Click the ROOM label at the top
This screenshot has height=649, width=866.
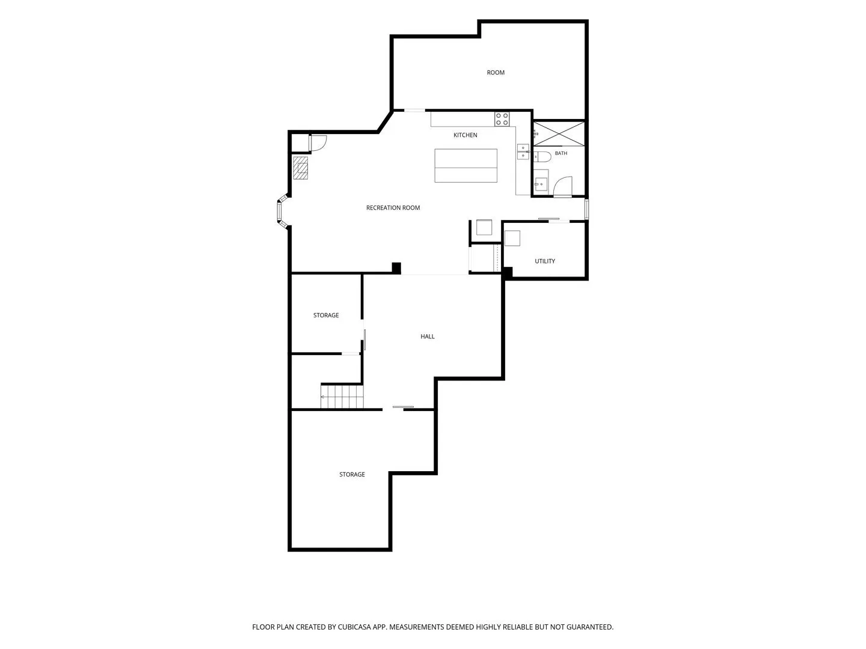(x=495, y=73)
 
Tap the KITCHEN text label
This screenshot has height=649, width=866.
(x=465, y=135)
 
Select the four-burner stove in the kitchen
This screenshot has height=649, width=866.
(x=502, y=120)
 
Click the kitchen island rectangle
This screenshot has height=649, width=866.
(x=465, y=165)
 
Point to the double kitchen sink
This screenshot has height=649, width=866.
(x=523, y=151)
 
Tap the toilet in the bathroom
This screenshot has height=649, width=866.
(x=542, y=156)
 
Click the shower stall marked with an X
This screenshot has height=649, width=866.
(x=559, y=133)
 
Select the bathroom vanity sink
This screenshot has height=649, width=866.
(x=541, y=184)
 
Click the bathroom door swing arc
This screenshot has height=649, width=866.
(x=563, y=186)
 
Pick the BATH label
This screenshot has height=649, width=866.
(x=560, y=153)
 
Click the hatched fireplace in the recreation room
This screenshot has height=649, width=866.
(x=300, y=168)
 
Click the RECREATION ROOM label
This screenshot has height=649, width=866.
(x=393, y=208)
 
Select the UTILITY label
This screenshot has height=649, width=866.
(x=544, y=261)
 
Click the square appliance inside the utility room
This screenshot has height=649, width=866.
(x=512, y=239)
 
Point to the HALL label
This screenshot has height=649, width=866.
(x=427, y=337)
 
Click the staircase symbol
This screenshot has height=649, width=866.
(x=342, y=397)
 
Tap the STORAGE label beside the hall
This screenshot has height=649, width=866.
(x=326, y=315)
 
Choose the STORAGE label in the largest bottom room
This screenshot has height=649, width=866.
(x=352, y=475)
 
